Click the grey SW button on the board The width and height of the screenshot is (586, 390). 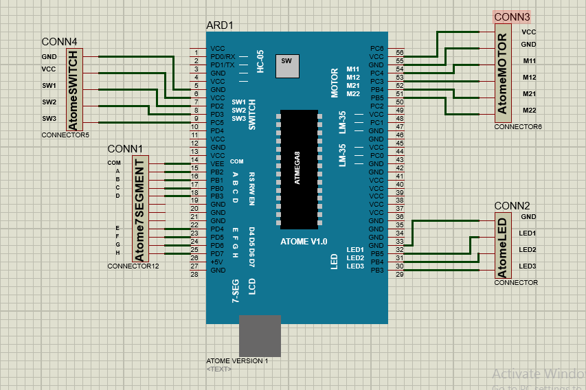coord(286,66)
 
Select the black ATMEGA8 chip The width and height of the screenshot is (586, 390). coord(298,169)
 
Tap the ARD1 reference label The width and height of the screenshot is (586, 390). coord(220,25)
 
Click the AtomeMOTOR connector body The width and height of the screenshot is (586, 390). coord(503,73)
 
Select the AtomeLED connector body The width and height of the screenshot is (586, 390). coord(503,247)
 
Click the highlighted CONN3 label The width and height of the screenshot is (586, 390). coord(512,16)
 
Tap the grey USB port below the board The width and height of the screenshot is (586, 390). coord(260,336)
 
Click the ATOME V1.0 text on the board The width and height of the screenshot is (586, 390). coord(304,242)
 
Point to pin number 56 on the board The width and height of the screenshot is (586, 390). coord(399,53)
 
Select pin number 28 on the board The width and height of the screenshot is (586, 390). coord(194,274)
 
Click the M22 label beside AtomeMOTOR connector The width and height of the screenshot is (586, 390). coord(529,110)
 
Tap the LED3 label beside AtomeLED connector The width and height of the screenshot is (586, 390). coord(528,266)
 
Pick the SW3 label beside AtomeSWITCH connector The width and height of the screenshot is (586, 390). coord(49,118)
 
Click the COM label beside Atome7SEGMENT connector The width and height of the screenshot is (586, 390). coord(113,163)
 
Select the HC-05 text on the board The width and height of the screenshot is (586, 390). coord(260,62)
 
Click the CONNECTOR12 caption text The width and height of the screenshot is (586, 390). coord(133,266)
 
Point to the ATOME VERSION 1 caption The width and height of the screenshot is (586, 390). coord(237,360)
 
